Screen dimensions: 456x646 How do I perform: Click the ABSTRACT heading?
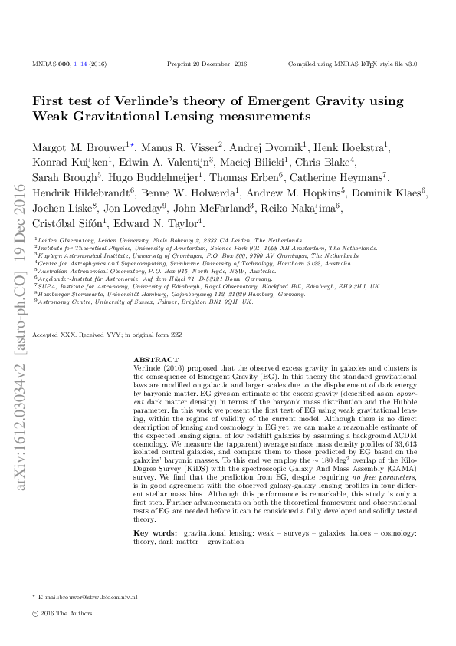point(156,359)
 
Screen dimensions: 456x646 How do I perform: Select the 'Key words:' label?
point(152,510)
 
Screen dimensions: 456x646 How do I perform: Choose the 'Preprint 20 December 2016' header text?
point(207,64)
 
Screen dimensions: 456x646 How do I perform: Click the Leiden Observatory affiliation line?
point(169,240)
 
